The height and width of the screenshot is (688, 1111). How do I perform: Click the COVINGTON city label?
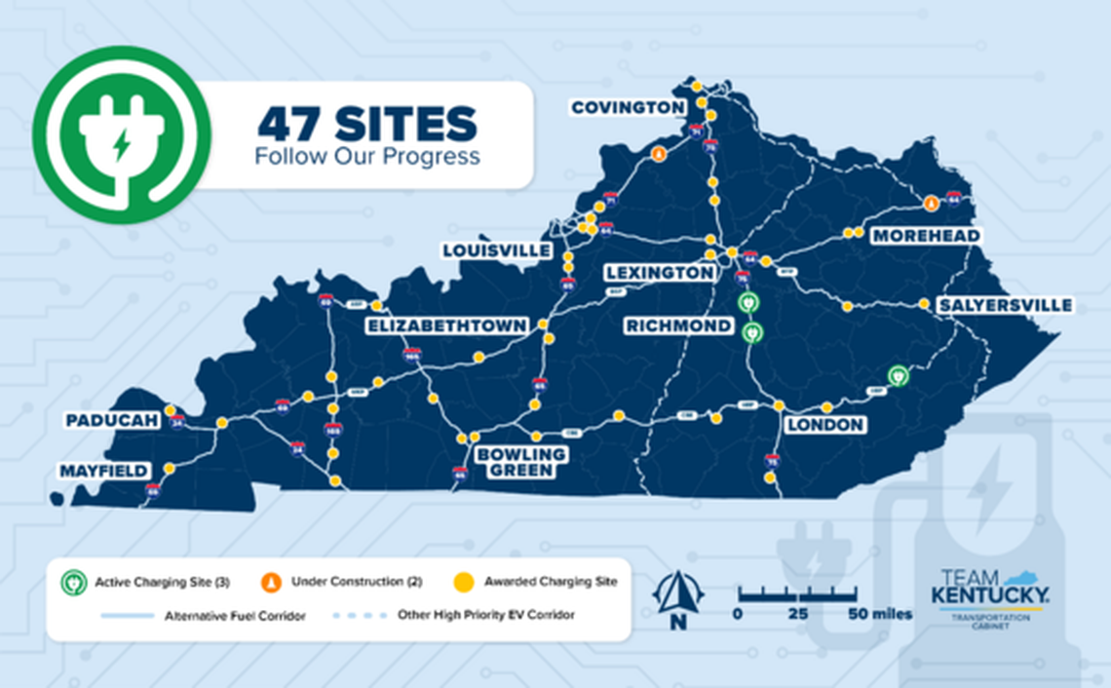point(627,107)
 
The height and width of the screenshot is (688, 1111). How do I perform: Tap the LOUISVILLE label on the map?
point(496,250)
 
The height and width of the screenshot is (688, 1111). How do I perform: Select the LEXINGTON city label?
point(659,273)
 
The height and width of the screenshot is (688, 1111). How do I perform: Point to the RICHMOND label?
point(678,325)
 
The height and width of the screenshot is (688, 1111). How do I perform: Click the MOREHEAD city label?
point(925,236)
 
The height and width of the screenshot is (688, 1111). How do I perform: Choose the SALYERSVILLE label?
point(1004,306)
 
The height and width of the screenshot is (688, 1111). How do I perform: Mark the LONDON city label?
point(825,425)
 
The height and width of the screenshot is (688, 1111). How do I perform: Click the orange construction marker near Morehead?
point(931,204)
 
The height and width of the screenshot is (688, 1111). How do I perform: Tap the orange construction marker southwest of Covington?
point(659,154)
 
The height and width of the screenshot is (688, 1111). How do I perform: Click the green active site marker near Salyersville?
point(898,374)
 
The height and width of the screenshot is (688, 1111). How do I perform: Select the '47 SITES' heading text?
point(366,124)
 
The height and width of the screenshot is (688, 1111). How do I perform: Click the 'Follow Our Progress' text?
point(366,156)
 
